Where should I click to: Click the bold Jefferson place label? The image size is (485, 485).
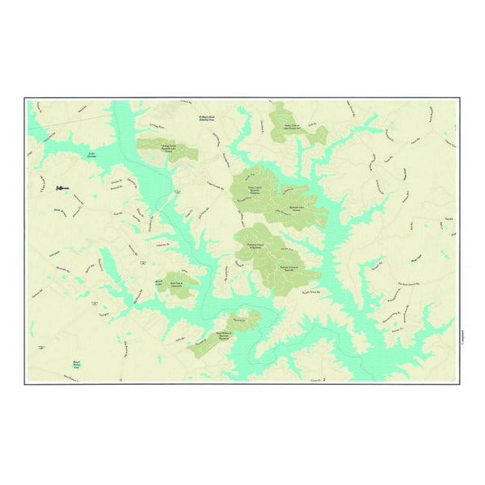tap(63, 188)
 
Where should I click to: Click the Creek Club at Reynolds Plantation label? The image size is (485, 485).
tap(252, 191)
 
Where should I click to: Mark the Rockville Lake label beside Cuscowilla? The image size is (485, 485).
tap(160, 282)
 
